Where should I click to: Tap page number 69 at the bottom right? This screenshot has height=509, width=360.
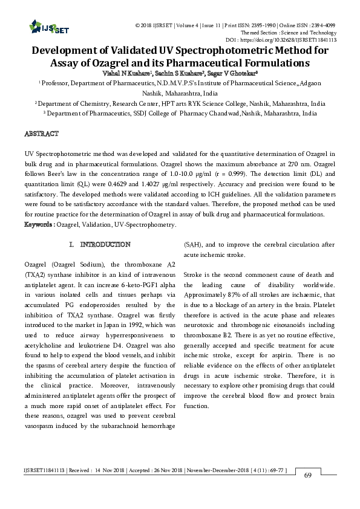pyautogui.click(x=307, y=475)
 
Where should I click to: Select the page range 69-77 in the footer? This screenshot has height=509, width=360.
pyautogui.click(x=272, y=470)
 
